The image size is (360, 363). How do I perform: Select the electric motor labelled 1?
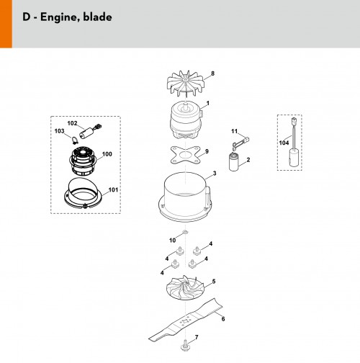click(x=186, y=120)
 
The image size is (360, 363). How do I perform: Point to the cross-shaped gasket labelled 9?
click(x=185, y=156)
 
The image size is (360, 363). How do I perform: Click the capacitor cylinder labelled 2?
click(x=234, y=162)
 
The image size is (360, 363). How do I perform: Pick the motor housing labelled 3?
click(x=185, y=197)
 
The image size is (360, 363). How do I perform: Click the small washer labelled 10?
click(x=185, y=232)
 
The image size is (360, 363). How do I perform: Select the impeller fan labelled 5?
click(x=185, y=287)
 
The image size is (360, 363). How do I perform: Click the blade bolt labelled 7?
click(x=185, y=344)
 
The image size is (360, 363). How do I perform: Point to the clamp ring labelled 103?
click(x=75, y=140)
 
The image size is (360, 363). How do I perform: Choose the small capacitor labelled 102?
click(x=90, y=132)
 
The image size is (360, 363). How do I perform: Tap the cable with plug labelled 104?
click(x=294, y=142)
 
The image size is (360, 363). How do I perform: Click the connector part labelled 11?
click(x=240, y=142)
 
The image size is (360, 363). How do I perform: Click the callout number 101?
click(x=113, y=190)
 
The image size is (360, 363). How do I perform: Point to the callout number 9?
click(x=207, y=151)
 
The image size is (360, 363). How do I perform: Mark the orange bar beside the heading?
click(x=6, y=24)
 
